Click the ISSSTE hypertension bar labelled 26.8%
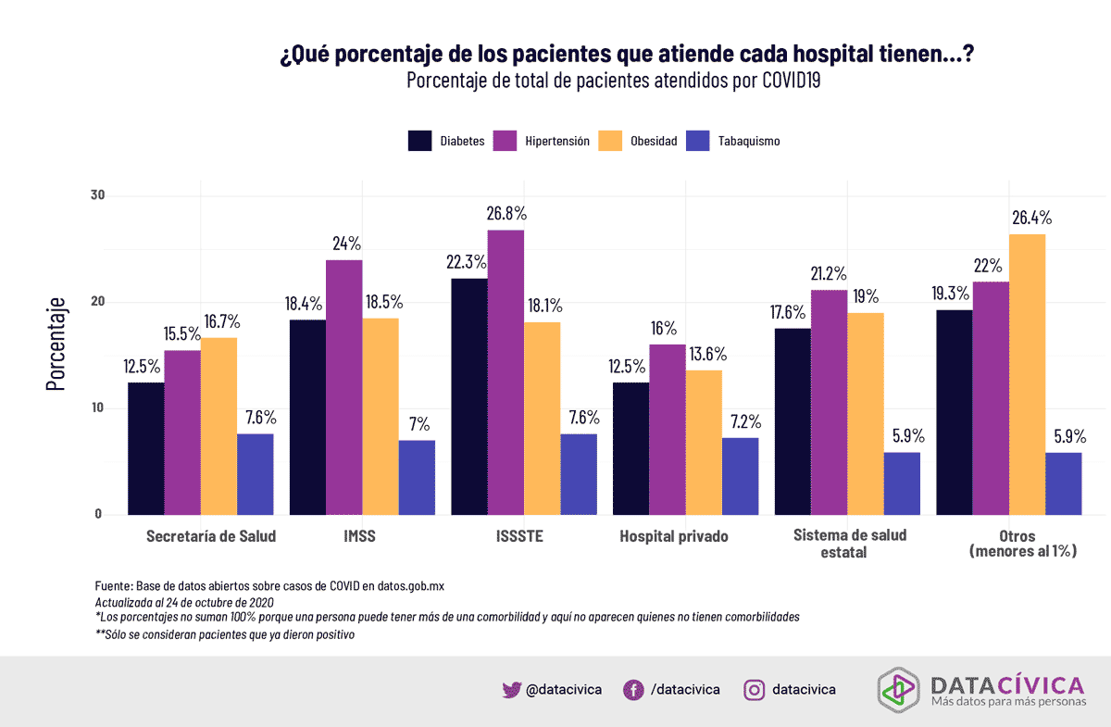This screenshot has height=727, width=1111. click(506, 370)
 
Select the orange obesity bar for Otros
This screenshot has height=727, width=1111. click(1027, 374)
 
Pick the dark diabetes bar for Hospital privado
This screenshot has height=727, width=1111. click(630, 448)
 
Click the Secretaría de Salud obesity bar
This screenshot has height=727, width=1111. click(218, 426)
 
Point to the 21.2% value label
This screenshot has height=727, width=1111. click(829, 274)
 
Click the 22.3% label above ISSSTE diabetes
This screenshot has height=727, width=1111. click(468, 263)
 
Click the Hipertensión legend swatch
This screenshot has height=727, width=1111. click(505, 141)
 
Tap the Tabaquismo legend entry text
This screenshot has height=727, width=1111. click(749, 142)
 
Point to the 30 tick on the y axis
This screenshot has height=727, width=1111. click(99, 195)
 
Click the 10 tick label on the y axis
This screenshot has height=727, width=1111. click(99, 408)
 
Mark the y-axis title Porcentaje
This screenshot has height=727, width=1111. click(56, 344)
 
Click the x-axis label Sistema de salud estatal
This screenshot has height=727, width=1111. click(850, 543)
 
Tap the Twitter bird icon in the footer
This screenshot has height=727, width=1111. click(511, 689)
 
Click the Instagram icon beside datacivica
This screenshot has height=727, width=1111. click(755, 689)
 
